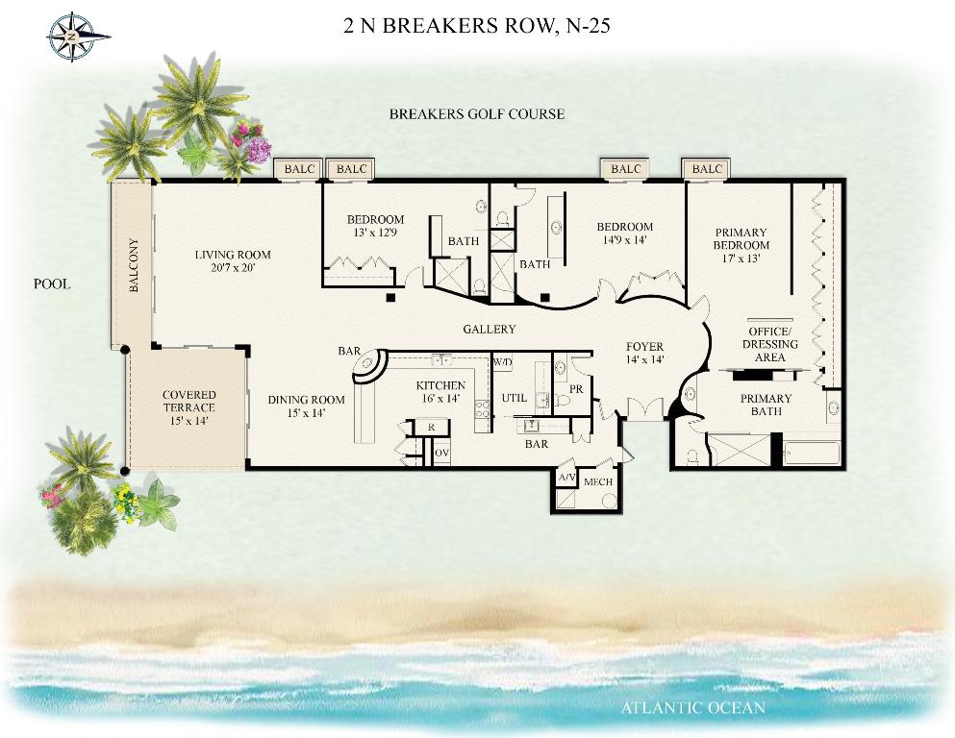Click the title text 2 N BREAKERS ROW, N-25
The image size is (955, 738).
pos(477,26)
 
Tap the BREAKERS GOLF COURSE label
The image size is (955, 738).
pos(476,114)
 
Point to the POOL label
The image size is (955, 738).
pos(52,284)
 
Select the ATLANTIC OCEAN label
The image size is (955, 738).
pos(692,708)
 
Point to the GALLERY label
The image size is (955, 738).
pos(490,330)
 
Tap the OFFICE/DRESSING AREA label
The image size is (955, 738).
pos(769,344)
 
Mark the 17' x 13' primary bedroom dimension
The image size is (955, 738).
pos(741,258)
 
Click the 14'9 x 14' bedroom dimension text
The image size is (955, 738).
pos(625,240)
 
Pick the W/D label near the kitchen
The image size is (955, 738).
pos(502,363)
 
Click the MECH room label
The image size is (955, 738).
pos(598,482)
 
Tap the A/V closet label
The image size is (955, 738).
pos(566,478)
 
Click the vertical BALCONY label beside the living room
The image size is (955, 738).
pos(134,266)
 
